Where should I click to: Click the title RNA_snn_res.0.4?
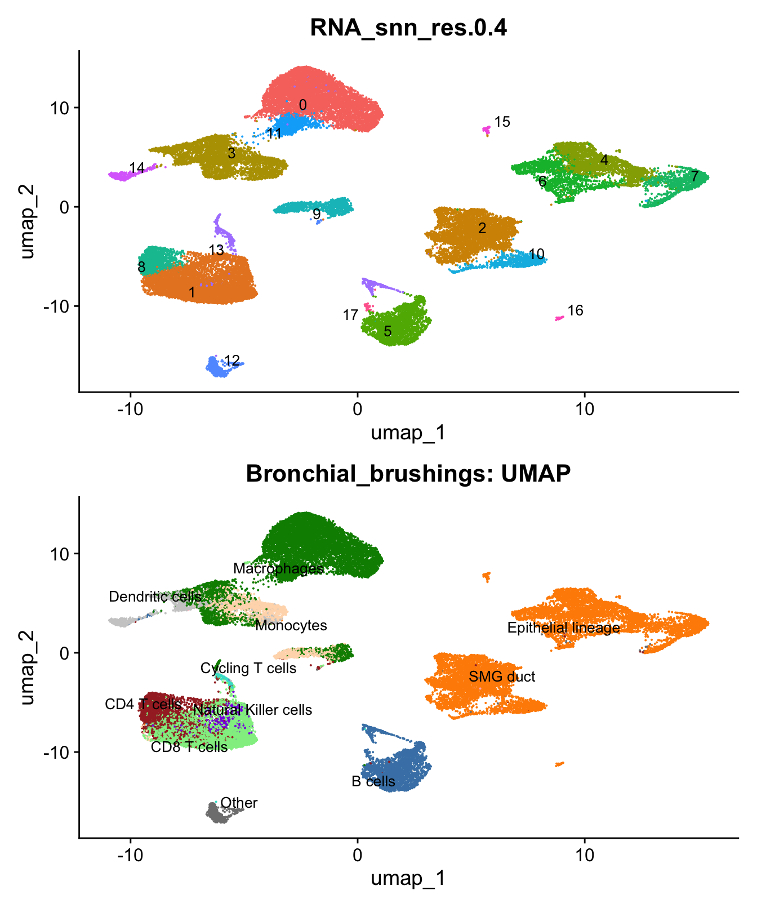pyautogui.click(x=408, y=28)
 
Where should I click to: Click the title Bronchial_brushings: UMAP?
pyautogui.click(x=408, y=474)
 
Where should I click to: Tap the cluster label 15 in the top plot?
pyautogui.click(x=502, y=122)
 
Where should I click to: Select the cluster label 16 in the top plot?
pyautogui.click(x=575, y=310)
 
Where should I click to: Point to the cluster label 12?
pyautogui.click(x=232, y=360)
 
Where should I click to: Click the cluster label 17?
pyautogui.click(x=350, y=315)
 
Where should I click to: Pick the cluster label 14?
pyautogui.click(x=137, y=168)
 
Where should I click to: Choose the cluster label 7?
pyautogui.click(x=695, y=176)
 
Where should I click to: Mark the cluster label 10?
pyautogui.click(x=537, y=254)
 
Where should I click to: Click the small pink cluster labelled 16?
pyautogui.click(x=559, y=318)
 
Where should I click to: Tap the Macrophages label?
pyautogui.click(x=278, y=568)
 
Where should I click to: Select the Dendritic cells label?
pyautogui.click(x=155, y=597)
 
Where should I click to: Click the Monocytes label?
pyautogui.click(x=291, y=625)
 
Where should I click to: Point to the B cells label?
pyautogui.click(x=373, y=781)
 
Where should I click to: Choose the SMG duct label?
pyautogui.click(x=502, y=676)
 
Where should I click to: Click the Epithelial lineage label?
pyautogui.click(x=563, y=627)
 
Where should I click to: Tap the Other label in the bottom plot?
pyautogui.click(x=239, y=803)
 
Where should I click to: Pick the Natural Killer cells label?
pyautogui.click(x=252, y=710)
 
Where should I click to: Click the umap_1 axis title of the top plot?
pyautogui.click(x=408, y=433)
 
